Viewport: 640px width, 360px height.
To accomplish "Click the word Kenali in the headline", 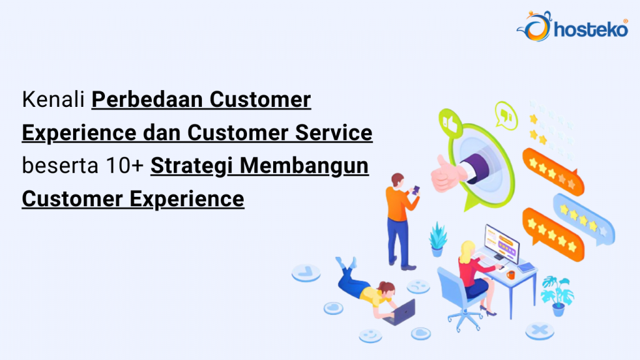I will (x=54, y=100).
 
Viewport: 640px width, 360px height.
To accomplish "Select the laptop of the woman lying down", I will (x=400, y=311).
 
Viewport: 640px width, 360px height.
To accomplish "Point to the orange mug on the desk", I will (x=511, y=274).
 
